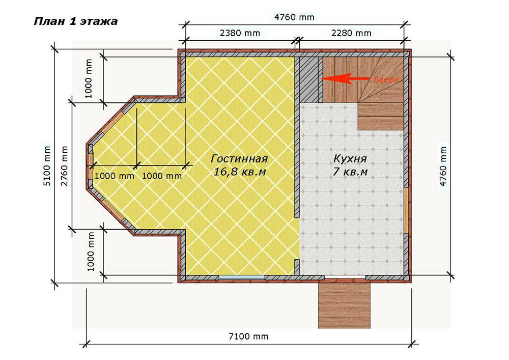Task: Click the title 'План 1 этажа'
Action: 76,21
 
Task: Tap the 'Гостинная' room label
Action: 239,159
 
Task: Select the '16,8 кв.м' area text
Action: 240,172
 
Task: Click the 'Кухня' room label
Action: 350,159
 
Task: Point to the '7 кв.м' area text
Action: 350,172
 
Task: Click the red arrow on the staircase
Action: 345,78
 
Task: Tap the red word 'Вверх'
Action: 386,79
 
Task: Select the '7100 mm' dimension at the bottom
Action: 249,336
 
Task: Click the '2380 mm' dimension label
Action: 240,33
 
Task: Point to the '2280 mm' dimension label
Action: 351,33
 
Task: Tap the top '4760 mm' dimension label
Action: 294,17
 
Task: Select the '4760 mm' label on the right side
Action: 443,166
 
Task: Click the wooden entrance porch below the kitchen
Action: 344,306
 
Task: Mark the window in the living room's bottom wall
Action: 241,278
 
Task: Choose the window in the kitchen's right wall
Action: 406,210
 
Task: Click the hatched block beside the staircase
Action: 308,79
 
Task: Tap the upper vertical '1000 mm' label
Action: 88,78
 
